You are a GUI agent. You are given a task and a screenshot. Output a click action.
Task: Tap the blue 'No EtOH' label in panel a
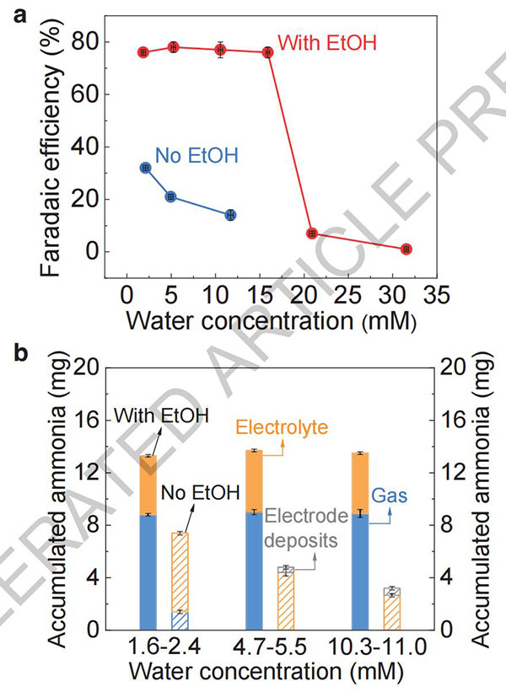coord(196,154)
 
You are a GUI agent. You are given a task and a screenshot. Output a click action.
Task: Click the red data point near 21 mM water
coord(312,233)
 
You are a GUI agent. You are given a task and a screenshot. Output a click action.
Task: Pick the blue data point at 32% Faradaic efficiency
coord(145,168)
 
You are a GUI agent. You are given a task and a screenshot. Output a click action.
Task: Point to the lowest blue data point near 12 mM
coord(230,215)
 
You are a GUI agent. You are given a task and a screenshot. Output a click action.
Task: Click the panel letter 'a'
coord(12,9)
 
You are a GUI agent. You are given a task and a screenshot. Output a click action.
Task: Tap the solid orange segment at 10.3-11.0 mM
coord(358,483)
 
